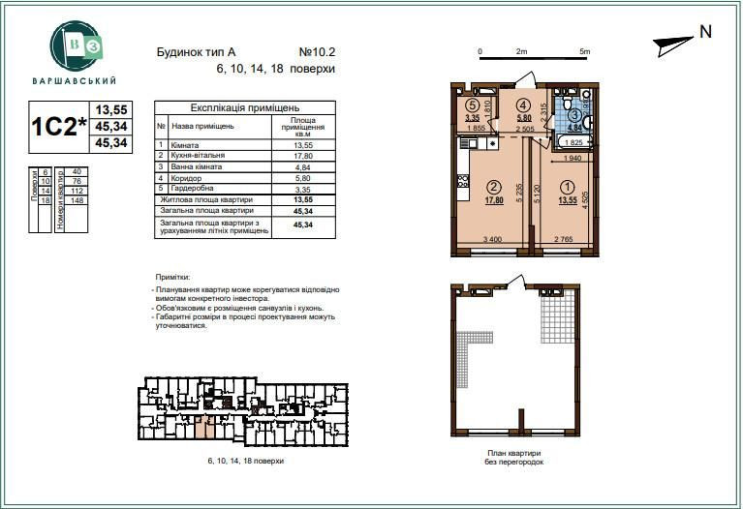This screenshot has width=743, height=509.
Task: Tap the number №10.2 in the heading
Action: coord(317,52)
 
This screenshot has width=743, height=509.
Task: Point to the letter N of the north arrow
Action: coord(705,32)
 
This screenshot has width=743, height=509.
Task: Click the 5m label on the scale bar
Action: coord(583,50)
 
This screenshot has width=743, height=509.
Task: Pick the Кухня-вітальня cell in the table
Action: coord(199,154)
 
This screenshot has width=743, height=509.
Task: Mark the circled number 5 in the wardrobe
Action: coord(472,105)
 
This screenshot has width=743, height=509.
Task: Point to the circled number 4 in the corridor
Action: coord(522,105)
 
